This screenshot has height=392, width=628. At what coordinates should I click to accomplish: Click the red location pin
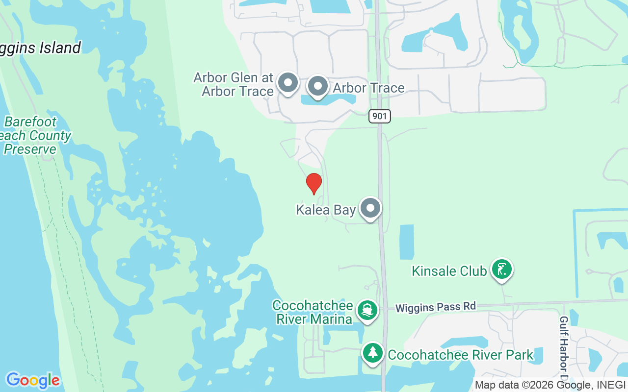(314, 183)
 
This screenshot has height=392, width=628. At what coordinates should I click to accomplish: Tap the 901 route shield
(380, 116)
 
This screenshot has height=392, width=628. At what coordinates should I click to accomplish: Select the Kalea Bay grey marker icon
(370, 208)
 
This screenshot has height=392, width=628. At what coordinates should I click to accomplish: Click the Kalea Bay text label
(325, 210)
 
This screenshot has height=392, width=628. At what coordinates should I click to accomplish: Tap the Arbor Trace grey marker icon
(318, 86)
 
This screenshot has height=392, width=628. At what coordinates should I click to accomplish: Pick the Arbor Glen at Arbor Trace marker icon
(288, 83)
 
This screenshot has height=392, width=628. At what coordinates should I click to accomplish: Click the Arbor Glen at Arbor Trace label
(234, 84)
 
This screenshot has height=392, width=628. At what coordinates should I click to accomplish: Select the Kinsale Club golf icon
(501, 269)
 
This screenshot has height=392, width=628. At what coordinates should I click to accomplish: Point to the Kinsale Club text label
(449, 271)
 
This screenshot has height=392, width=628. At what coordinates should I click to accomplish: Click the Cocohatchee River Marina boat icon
(367, 310)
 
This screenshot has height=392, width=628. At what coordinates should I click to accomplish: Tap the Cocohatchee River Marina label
(313, 312)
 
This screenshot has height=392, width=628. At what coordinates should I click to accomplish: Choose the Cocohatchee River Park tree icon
(373, 352)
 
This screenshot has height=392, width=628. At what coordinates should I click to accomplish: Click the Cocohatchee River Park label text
(460, 355)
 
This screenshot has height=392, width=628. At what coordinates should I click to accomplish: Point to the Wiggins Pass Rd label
(436, 307)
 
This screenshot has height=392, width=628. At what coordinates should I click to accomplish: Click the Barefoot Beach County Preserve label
(34, 135)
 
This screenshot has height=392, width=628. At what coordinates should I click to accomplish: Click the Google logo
(33, 380)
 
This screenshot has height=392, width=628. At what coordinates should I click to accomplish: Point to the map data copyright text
(550, 385)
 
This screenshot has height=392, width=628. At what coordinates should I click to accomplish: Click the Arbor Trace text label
(368, 88)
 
